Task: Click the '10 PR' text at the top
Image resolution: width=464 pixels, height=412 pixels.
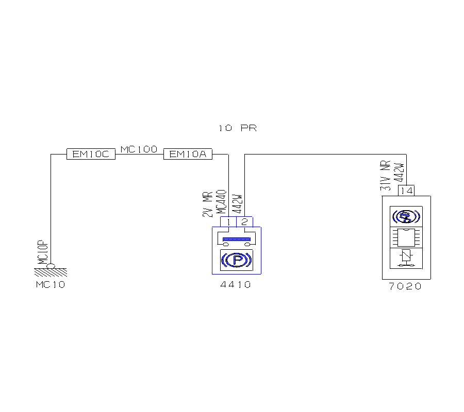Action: (x=237, y=128)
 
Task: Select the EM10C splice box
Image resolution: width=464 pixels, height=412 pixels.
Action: (x=91, y=154)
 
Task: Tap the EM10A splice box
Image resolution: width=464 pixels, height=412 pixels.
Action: (x=188, y=154)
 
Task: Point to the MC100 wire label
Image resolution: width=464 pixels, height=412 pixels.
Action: (x=139, y=149)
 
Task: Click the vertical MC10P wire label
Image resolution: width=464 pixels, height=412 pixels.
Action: (x=43, y=253)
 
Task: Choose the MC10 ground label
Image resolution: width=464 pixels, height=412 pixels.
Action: (x=51, y=284)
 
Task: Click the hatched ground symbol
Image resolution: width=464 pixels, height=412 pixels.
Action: (x=51, y=270)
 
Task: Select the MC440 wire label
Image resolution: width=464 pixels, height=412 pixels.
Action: (x=221, y=202)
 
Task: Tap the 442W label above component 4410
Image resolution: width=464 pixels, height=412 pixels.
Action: (x=237, y=204)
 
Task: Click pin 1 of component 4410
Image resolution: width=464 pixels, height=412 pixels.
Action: (x=228, y=222)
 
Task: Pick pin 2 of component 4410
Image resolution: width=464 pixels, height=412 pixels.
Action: (x=244, y=222)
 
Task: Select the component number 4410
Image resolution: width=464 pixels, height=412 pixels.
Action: (x=236, y=284)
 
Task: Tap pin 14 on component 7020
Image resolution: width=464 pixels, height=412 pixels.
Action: (x=407, y=191)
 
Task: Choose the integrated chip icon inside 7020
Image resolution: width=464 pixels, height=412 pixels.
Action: (x=405, y=237)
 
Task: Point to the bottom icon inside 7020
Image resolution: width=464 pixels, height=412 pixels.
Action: (x=405, y=258)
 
